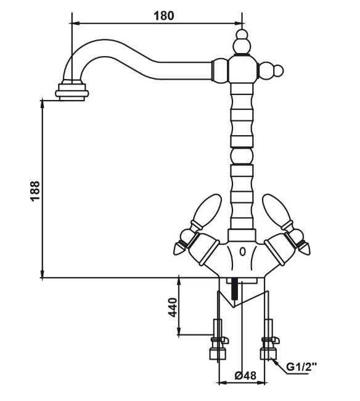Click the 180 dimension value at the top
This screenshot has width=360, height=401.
coord(163,16)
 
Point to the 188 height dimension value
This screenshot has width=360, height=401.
coord(36,191)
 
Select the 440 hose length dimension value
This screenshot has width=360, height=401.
coord(173,307)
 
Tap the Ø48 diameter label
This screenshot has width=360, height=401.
coord(245,376)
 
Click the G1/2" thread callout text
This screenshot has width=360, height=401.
coord(301,367)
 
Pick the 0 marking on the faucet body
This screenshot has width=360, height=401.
coord(242,252)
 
